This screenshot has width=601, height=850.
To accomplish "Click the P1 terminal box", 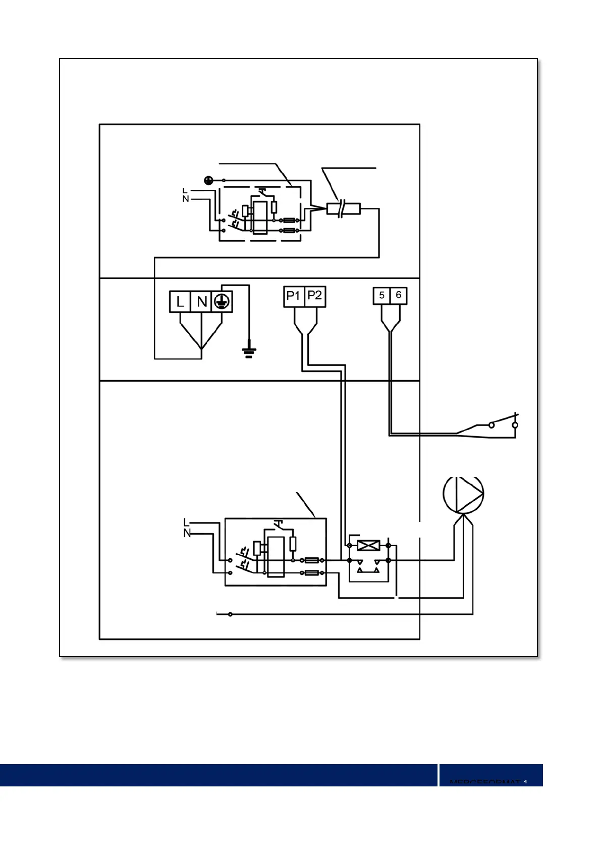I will click(x=293, y=296).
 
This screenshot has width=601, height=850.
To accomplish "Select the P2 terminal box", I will click(x=315, y=296).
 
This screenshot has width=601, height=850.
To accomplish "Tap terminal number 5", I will click(x=381, y=296).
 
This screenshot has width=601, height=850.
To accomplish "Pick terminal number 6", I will click(x=398, y=296).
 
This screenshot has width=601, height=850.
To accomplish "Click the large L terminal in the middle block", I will click(x=180, y=302).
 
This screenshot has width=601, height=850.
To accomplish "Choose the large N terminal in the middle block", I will click(x=202, y=302).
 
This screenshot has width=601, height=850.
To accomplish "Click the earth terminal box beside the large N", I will click(x=222, y=302).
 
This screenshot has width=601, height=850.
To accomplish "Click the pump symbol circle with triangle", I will click(x=463, y=494).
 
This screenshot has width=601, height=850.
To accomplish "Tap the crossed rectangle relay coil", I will click(x=368, y=546).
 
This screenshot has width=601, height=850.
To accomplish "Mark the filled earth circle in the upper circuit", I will click(x=209, y=180).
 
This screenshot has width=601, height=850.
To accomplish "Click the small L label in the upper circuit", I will click(x=185, y=191).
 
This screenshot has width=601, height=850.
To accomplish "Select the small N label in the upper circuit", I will click(x=185, y=199).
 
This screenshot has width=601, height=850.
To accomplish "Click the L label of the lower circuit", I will click(x=186, y=523).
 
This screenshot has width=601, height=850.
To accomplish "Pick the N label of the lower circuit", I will click(x=187, y=533).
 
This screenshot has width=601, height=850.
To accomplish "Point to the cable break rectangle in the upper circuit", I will click(x=343, y=208).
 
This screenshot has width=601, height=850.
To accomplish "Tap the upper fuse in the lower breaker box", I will click(x=312, y=560).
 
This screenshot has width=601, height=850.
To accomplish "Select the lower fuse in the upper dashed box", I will click(x=289, y=231).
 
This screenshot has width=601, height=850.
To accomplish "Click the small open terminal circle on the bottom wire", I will click(x=230, y=614).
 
